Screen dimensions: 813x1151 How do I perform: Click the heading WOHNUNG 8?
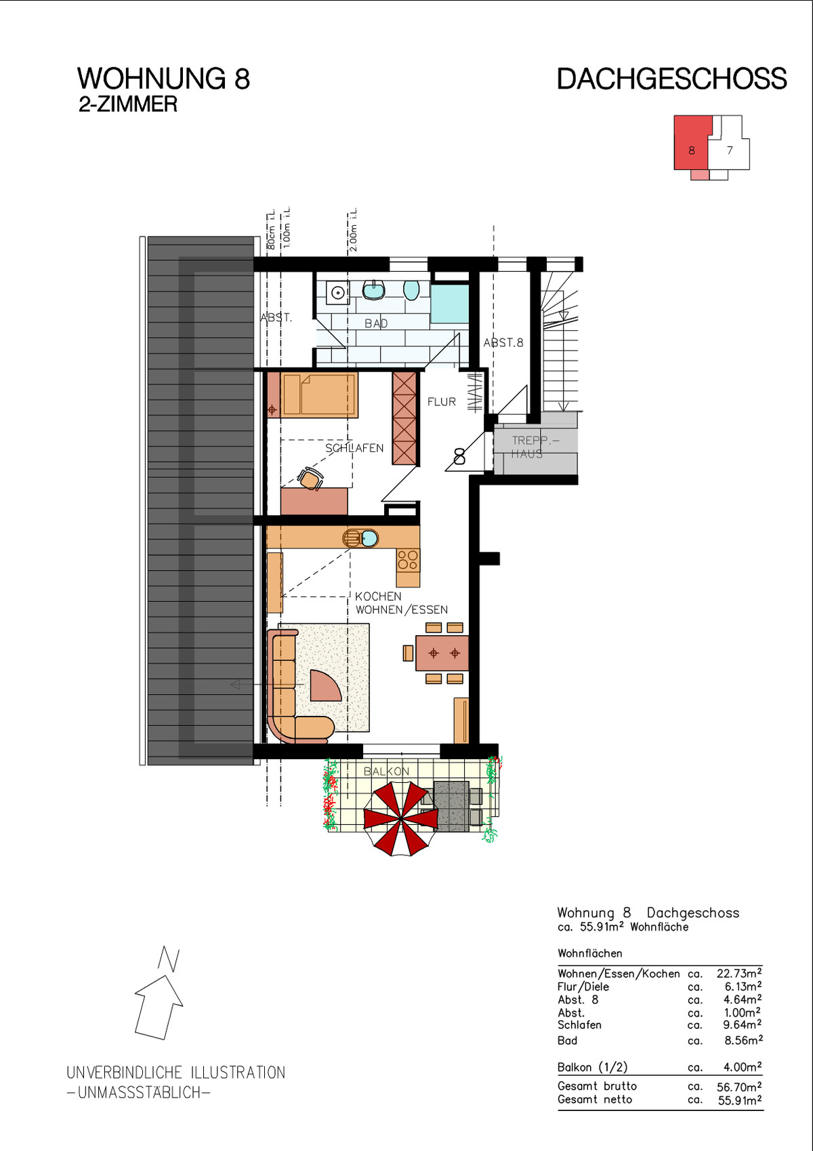tap(163, 79)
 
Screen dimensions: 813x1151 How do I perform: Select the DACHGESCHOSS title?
tap(672, 79)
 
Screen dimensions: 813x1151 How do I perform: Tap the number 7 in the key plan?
tap(729, 150)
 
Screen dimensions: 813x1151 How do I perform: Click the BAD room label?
tap(376, 324)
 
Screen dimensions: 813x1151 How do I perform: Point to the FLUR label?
tap(442, 402)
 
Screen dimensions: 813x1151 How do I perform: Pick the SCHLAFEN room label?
tap(354, 448)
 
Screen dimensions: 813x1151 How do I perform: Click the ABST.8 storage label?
tap(503, 343)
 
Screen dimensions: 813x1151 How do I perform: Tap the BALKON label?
tap(386, 771)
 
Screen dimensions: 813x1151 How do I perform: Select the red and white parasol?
tap(401, 819)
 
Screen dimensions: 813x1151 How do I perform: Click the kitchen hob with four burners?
tap(409, 560)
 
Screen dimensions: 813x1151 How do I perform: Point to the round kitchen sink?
tap(370, 538)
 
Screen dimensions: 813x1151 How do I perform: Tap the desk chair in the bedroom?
tap(310, 479)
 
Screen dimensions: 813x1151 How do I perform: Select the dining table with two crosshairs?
tap(442, 653)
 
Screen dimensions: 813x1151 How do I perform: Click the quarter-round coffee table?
tap(325, 685)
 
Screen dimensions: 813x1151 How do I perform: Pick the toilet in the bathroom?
tap(411, 290)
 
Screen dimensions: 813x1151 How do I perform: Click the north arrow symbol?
tap(161, 993)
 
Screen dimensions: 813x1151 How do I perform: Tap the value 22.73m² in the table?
tap(739, 973)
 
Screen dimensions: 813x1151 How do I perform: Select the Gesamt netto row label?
tap(595, 1099)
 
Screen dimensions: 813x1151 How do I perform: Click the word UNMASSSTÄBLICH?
tap(139, 1093)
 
